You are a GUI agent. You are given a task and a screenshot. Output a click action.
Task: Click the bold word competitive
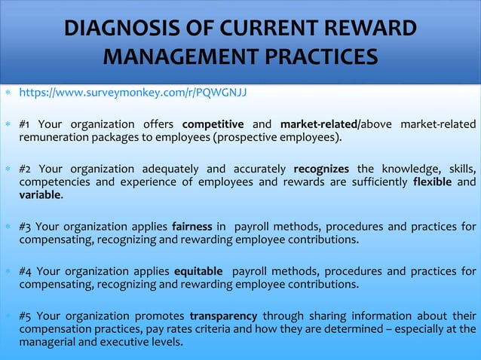point(213,124)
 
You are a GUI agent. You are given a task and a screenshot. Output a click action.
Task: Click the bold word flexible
point(432,182)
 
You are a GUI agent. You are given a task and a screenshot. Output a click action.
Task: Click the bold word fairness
point(191,227)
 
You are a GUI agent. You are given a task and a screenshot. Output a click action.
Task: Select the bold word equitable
point(198,270)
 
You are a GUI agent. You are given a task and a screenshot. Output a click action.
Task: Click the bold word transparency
point(223,315)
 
